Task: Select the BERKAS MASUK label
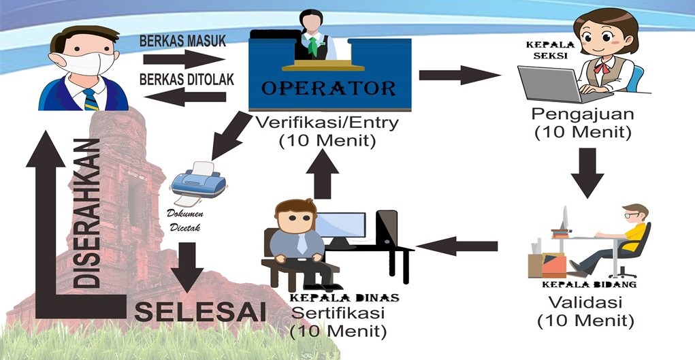[x=182, y=41]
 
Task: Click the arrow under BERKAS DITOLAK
[x=185, y=97]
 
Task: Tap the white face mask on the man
[x=86, y=63]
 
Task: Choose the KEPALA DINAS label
[x=344, y=298]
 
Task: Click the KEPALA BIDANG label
[x=589, y=284]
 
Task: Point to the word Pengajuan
[x=582, y=114]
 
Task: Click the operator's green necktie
[x=312, y=46]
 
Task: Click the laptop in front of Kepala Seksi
[x=549, y=82]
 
